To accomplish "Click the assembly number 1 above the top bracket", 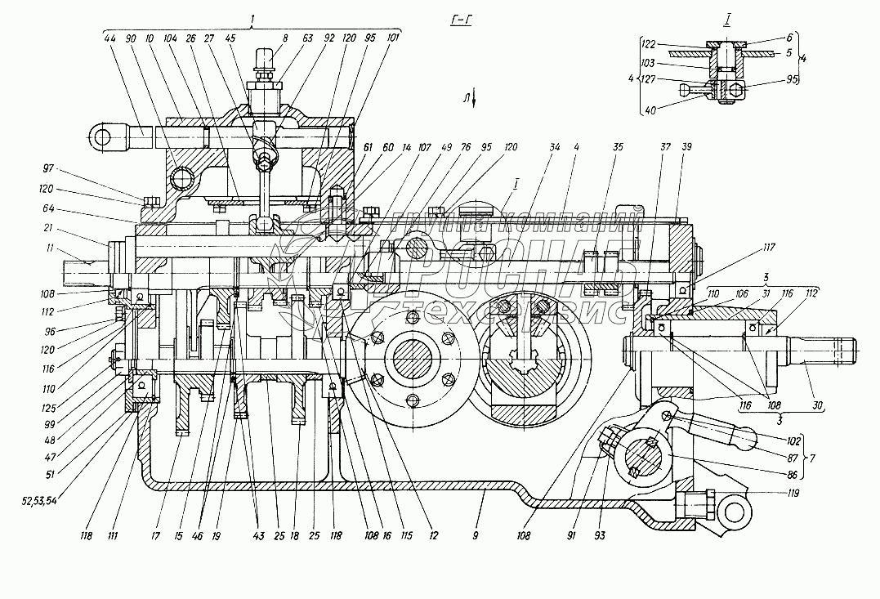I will pos(254,16).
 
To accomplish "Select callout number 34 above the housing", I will pos(555,147).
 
